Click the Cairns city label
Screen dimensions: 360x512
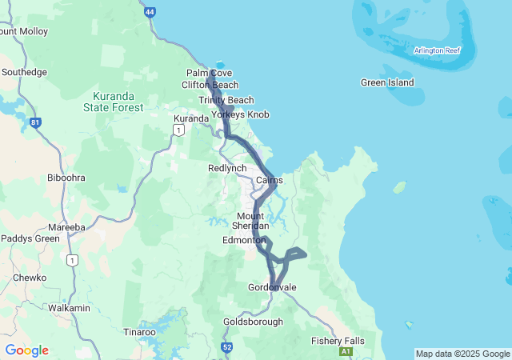pyautogui.click(x=269, y=180)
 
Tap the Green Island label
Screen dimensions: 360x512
pyautogui.click(x=387, y=82)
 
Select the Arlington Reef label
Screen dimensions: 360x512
pyautogui.click(x=437, y=50)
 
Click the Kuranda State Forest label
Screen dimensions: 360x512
pyautogui.click(x=114, y=102)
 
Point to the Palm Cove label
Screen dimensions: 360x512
pyautogui.click(x=209, y=73)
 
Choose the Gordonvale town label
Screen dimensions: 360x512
pyautogui.click(x=272, y=287)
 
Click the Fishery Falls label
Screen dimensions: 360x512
pyautogui.click(x=338, y=341)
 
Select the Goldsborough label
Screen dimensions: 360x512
pyautogui.click(x=253, y=322)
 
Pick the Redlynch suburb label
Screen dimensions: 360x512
pyautogui.click(x=227, y=168)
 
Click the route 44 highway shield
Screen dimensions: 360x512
pyautogui.click(x=150, y=12)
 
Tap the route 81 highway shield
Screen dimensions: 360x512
pyautogui.click(x=35, y=123)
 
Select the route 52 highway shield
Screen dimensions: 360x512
pyautogui.click(x=227, y=347)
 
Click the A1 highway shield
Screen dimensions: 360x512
pyautogui.click(x=346, y=351)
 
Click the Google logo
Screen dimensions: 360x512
pyautogui.click(x=26, y=350)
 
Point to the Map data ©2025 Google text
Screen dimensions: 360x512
pyautogui.click(x=462, y=354)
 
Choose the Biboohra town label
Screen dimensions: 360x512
pyautogui.click(x=66, y=177)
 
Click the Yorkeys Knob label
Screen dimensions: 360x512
pyautogui.click(x=240, y=114)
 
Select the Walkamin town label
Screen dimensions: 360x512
pyautogui.click(x=70, y=307)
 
